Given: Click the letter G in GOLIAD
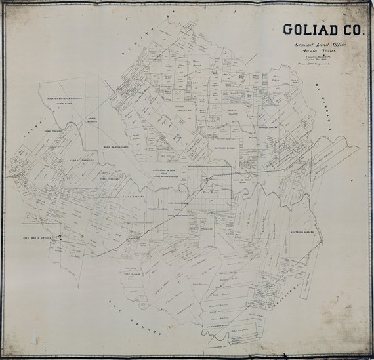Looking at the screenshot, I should [287, 30].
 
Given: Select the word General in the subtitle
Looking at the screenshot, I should [298, 43].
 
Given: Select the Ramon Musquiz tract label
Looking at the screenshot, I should [93, 120].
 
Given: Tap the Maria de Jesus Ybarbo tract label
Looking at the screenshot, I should [117, 147].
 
